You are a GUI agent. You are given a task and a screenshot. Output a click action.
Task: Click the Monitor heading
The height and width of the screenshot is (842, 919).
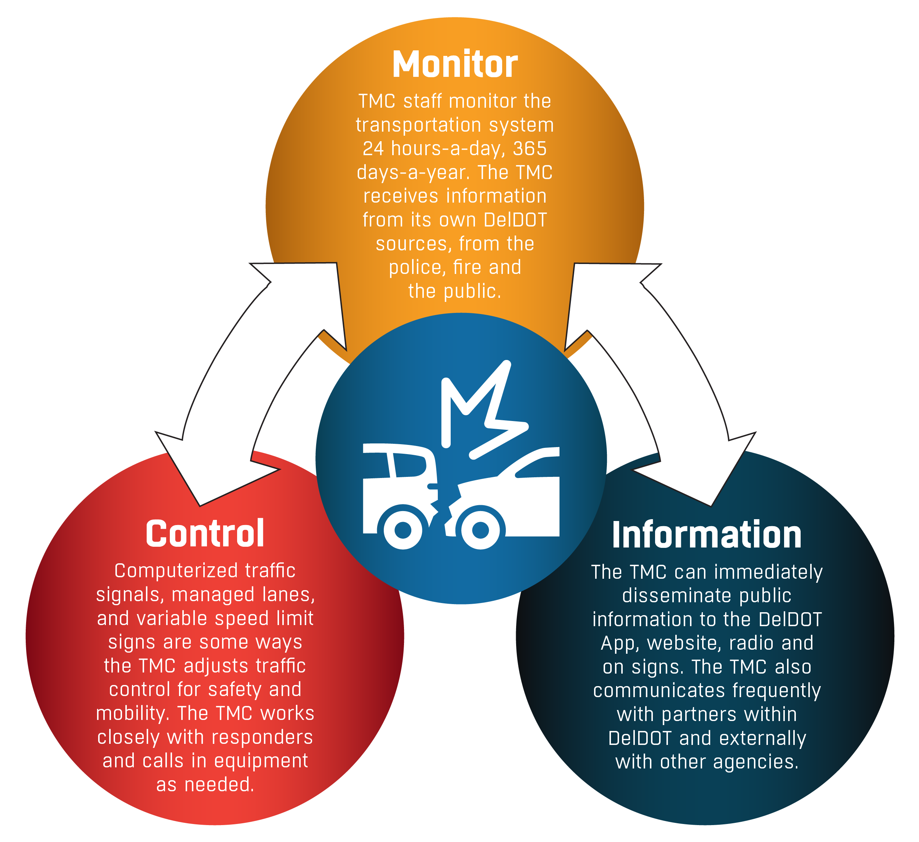(455, 64)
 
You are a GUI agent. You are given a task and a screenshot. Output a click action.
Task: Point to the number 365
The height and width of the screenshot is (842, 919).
(530, 149)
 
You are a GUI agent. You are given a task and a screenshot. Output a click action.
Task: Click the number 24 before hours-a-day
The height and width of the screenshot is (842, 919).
(373, 149)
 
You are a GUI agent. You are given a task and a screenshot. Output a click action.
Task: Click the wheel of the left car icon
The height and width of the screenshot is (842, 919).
(403, 529)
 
